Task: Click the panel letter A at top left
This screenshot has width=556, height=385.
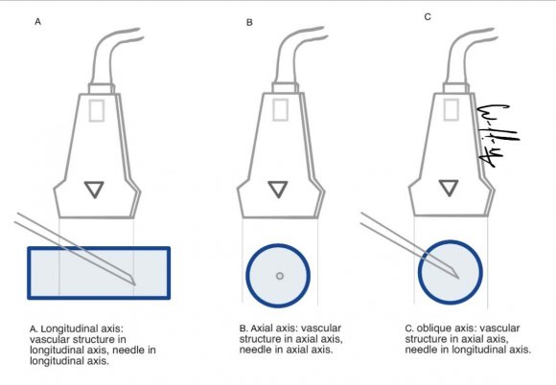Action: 37,19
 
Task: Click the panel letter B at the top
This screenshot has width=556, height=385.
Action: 248,19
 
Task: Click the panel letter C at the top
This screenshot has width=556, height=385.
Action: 428,16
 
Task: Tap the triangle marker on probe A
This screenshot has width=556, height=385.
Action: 94,189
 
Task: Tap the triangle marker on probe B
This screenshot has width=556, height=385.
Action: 277,189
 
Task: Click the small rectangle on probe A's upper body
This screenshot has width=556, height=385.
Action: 95,111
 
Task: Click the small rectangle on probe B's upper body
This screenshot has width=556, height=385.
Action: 278,111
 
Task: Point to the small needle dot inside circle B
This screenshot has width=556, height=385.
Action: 279,276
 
